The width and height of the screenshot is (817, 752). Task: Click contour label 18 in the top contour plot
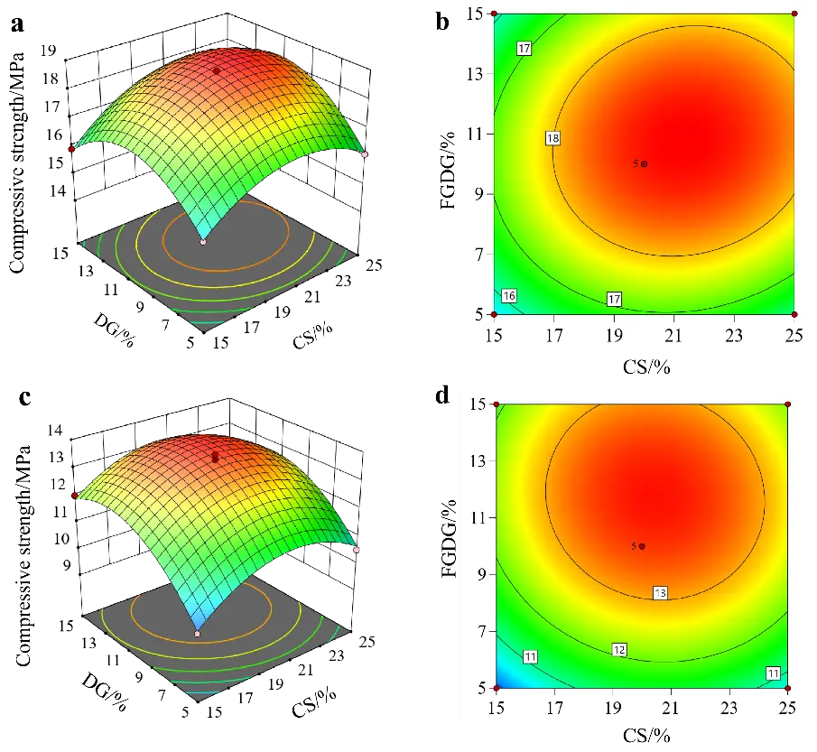[553, 138]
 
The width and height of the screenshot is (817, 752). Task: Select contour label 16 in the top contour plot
[509, 296]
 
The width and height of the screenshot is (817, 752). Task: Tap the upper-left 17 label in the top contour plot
[524, 49]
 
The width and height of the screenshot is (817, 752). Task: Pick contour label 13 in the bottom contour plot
[661, 593]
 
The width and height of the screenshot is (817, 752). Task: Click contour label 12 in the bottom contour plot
[619, 650]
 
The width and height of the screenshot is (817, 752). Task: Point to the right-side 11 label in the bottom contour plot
[773, 673]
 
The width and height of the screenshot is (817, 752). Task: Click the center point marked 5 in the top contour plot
[644, 163]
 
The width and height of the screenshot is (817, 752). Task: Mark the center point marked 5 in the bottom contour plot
[642, 546]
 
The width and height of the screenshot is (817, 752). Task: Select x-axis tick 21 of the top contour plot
[673, 336]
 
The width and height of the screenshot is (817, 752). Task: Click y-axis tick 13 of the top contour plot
[475, 74]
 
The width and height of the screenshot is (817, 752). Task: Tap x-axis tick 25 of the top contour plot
[794, 336]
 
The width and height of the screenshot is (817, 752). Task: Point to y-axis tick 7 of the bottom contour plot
[479, 631]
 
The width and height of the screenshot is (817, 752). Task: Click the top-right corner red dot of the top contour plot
[794, 14]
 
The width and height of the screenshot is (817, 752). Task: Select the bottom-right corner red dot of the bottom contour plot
[788, 688]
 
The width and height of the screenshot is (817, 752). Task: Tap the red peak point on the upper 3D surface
[217, 70]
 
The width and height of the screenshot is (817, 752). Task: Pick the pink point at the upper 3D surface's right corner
[365, 154]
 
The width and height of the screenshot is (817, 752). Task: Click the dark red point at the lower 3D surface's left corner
[75, 495]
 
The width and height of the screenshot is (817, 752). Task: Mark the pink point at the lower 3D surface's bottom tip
[198, 634]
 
